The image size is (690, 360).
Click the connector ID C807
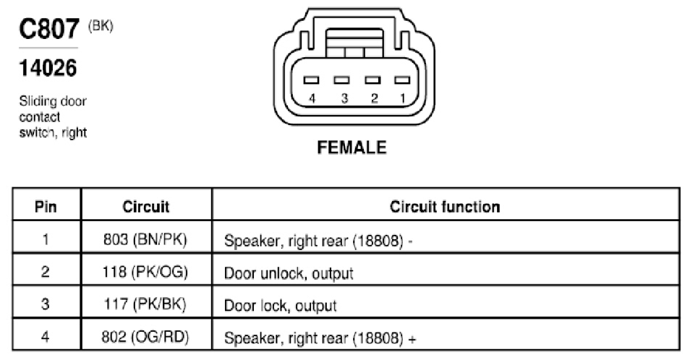point(49,29)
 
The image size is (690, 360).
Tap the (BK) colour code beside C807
point(101,26)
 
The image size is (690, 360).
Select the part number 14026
point(48,68)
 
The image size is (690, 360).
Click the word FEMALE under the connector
point(352,147)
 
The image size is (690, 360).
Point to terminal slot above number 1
point(402,80)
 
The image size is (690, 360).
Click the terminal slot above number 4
point(311,80)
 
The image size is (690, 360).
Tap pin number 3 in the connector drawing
point(344,98)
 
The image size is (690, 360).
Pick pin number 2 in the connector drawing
point(375,98)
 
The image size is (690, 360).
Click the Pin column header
point(46,207)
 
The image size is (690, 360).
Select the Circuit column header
point(145,207)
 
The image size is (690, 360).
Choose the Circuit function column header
point(445,207)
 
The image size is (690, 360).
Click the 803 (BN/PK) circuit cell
point(145,239)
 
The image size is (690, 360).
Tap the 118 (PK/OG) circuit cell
point(145,272)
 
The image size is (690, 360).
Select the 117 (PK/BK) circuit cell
point(145,304)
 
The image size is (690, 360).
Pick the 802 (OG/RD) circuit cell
point(145,337)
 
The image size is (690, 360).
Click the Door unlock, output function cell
point(289,273)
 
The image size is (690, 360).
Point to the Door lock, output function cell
point(281,306)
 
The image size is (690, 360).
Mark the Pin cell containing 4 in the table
point(46,337)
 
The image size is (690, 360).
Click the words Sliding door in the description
point(53,101)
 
